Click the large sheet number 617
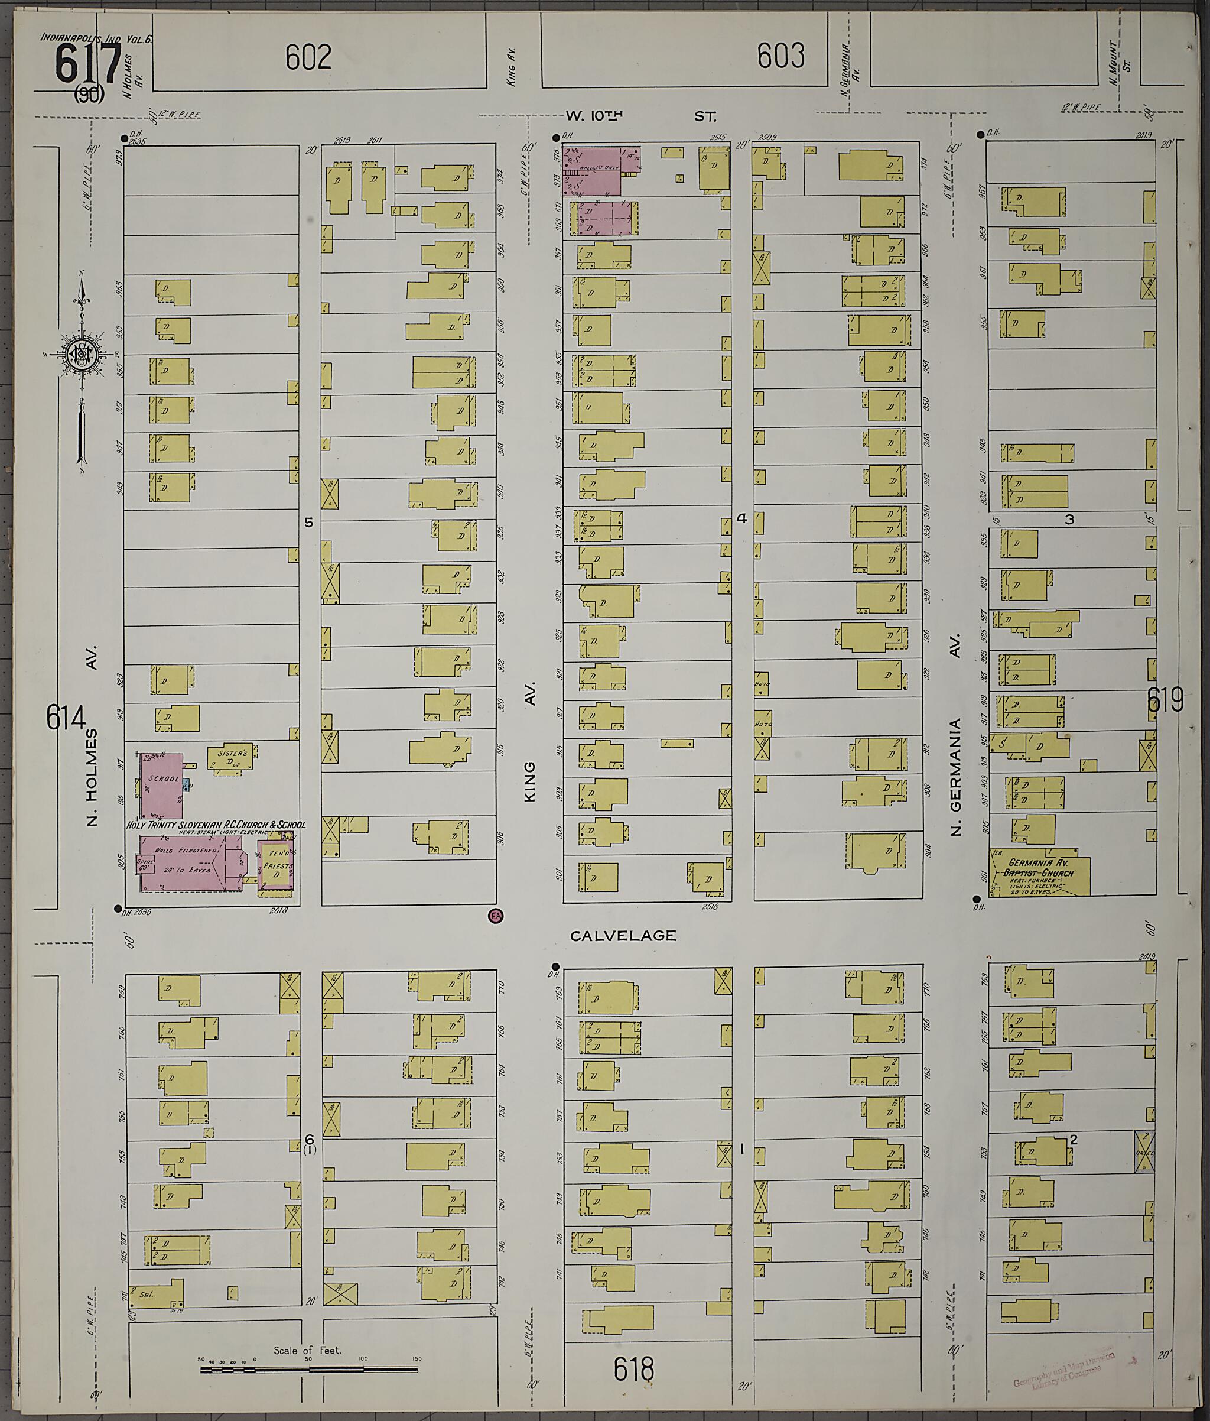pyautogui.click(x=88, y=63)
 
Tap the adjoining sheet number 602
pyautogui.click(x=308, y=57)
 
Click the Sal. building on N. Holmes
pyautogui.click(x=155, y=1293)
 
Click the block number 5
pyautogui.click(x=308, y=523)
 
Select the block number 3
pyautogui.click(x=1069, y=519)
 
